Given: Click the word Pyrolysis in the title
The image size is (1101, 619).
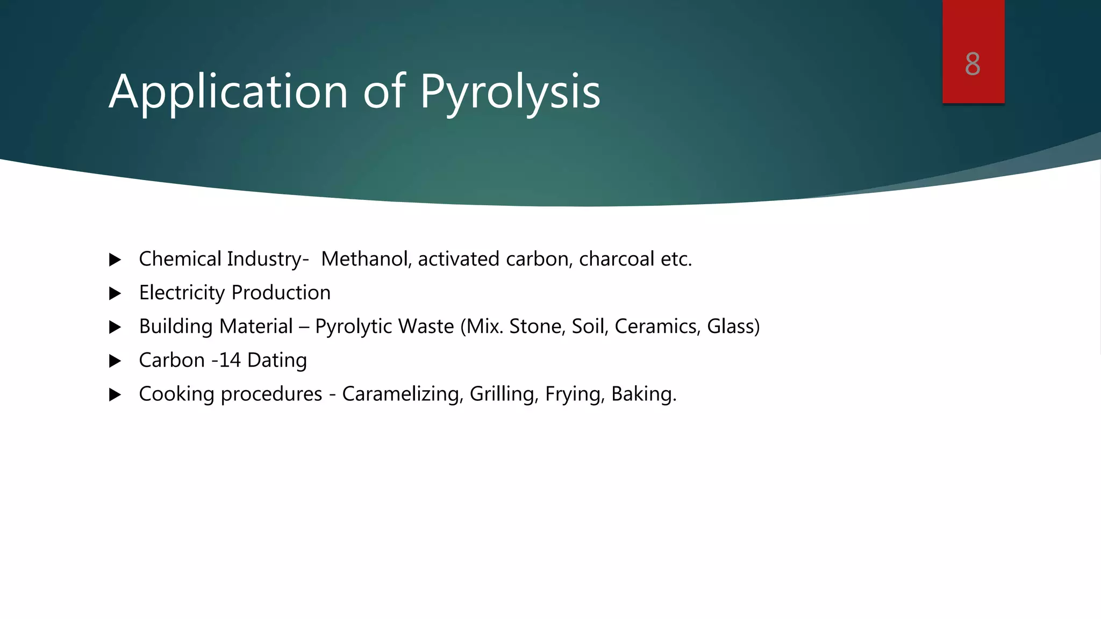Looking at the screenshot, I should click(x=510, y=92).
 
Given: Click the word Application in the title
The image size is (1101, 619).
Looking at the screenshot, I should click(x=228, y=92).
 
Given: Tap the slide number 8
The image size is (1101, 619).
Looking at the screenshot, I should click(x=973, y=64).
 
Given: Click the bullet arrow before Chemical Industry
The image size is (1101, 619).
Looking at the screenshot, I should click(x=115, y=260).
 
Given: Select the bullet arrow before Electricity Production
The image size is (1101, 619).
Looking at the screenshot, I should click(x=115, y=293).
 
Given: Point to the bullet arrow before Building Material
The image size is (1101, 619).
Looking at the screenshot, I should click(x=115, y=327).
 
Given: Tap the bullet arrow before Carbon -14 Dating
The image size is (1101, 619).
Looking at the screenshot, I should click(x=115, y=361).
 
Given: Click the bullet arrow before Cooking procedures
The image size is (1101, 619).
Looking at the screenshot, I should click(x=115, y=395).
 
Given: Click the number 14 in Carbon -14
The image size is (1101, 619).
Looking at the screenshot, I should click(x=230, y=361).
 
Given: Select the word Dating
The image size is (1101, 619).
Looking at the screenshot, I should click(x=277, y=361).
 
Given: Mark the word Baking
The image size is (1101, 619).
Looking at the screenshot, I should click(x=644, y=394).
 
